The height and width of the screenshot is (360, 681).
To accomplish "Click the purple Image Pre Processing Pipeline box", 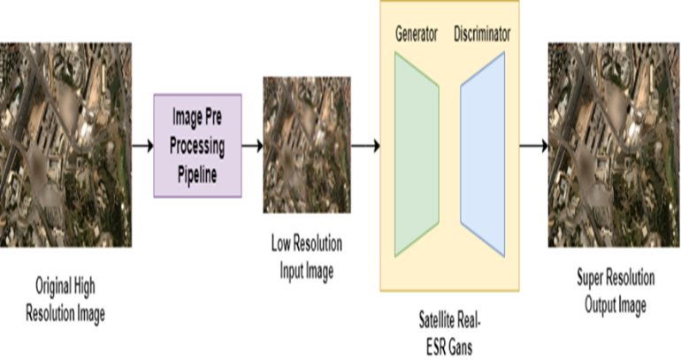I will [x=197, y=145].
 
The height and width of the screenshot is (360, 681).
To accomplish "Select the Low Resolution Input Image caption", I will [x=306, y=258].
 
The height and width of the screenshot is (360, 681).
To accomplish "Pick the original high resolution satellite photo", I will [x=66, y=144].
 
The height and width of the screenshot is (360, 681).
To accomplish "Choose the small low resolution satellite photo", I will [x=306, y=144].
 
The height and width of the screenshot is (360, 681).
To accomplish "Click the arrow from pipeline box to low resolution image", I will [x=252, y=145].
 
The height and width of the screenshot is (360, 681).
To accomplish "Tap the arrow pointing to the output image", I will [x=532, y=145].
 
